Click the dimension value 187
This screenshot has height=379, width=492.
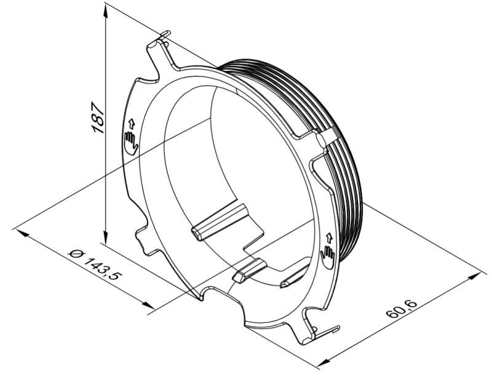point(97,118)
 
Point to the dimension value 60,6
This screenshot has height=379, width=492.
point(402,309)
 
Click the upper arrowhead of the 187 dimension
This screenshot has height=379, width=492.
point(106,13)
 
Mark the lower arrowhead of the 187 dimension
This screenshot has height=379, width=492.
point(106,234)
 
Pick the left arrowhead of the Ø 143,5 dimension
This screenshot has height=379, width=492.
point(22,234)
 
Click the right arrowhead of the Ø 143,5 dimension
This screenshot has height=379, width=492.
point(146,304)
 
